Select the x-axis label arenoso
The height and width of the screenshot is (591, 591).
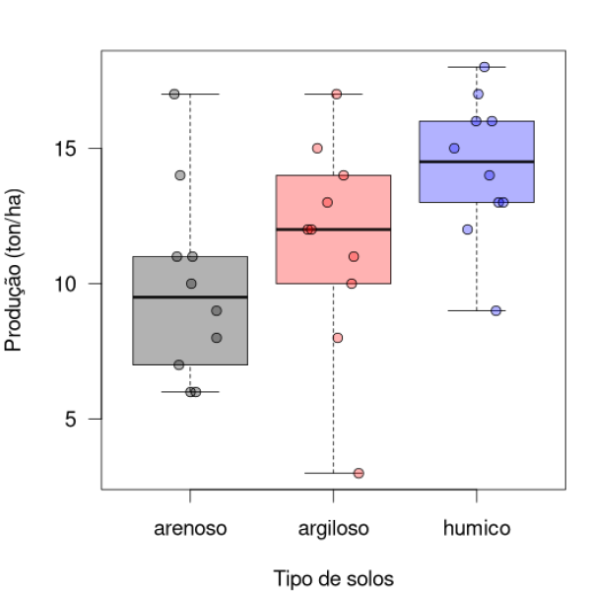pyautogui.click(x=190, y=528)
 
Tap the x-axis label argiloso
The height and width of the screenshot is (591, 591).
pyautogui.click(x=334, y=528)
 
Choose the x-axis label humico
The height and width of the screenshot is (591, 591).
pyautogui.click(x=477, y=528)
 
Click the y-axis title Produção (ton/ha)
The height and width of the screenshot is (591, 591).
pyautogui.click(x=14, y=271)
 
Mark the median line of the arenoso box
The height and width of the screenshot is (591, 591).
pyautogui.click(x=190, y=296)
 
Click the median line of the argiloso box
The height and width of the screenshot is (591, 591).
pyautogui.click(x=334, y=229)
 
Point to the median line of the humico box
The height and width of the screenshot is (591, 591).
pyautogui.click(x=477, y=162)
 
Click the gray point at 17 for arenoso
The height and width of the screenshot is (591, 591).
pyautogui.click(x=174, y=95)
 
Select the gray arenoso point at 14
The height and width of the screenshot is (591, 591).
pyautogui.click(x=180, y=175)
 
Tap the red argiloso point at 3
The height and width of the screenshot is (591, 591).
pyautogui.click(x=359, y=473)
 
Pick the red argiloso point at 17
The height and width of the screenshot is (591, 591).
pyautogui.click(x=336, y=95)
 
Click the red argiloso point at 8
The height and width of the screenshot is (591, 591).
pyautogui.click(x=338, y=338)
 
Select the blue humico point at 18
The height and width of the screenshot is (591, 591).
pyautogui.click(x=485, y=67)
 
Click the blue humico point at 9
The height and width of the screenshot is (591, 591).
pyautogui.click(x=496, y=310)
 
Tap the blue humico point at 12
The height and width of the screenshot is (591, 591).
pyautogui.click(x=468, y=230)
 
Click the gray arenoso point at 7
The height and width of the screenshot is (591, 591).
pyautogui.click(x=179, y=364)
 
